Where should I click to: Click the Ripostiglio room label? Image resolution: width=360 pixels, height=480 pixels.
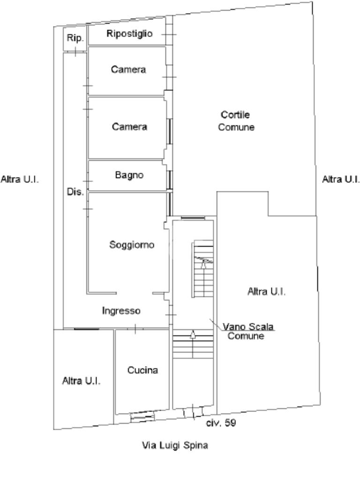[x=129, y=34]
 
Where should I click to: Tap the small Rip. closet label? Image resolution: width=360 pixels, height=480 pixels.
[x=75, y=38]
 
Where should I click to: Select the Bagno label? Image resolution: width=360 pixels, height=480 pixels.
[x=129, y=175]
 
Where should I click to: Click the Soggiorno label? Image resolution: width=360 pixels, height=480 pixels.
[x=132, y=245]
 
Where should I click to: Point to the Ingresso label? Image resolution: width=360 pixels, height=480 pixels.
[x=121, y=311]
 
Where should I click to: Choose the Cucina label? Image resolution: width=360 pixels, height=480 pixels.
[x=142, y=370]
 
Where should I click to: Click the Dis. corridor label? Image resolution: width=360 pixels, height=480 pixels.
[x=75, y=192]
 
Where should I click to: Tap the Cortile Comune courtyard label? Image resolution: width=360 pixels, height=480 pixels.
[x=236, y=121]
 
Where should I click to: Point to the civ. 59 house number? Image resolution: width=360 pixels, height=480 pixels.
[x=221, y=423]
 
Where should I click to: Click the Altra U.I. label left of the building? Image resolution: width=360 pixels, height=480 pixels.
[x=20, y=179]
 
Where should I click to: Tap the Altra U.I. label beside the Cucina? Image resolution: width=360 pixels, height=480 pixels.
[x=81, y=381]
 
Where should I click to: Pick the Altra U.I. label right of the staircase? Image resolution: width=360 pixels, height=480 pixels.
[x=266, y=292]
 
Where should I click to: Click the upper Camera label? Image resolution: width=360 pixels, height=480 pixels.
[x=128, y=70]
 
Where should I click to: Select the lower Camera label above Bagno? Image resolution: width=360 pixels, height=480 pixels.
[x=129, y=127]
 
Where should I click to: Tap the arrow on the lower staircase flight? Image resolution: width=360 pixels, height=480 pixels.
[x=193, y=334]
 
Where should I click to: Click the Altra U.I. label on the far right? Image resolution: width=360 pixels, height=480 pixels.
[x=341, y=179]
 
